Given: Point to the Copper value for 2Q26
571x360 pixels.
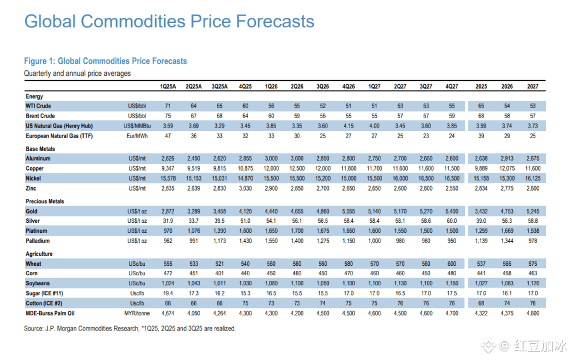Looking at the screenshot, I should point(297,168).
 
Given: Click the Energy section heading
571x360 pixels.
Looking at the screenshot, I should point(35,96).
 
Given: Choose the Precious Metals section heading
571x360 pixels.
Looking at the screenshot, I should point(45,202).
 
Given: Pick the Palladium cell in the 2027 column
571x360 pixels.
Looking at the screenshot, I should point(533,241).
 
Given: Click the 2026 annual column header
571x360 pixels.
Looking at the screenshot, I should point(507,87).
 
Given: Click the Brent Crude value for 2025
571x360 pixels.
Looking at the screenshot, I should point(481,116).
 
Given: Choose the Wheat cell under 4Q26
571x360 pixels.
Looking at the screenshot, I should point(349,264).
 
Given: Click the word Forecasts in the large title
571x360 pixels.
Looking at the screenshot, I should point(274,22).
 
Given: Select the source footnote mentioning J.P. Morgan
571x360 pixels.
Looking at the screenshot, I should point(130,329).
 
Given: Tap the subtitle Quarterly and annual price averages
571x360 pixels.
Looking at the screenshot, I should point(78,74).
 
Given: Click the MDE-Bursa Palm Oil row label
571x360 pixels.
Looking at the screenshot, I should point(51,313).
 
